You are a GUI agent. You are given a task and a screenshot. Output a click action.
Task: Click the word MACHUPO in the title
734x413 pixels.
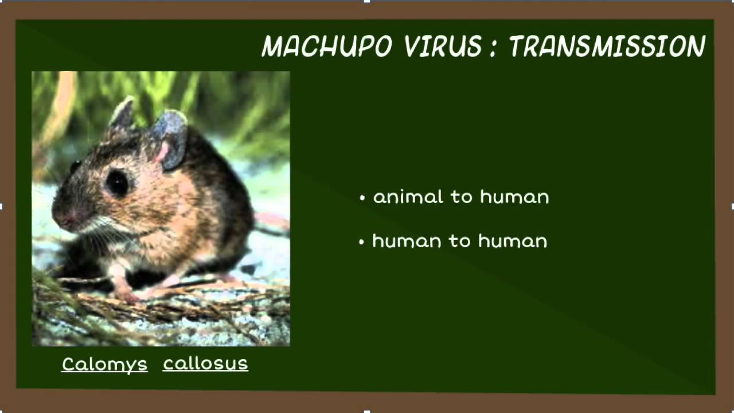[327, 46]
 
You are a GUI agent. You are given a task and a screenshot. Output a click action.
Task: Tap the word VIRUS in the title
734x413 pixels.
[443, 46]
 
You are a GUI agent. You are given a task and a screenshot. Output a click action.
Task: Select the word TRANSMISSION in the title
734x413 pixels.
[607, 46]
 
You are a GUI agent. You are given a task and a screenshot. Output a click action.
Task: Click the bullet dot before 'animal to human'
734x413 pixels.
[362, 198]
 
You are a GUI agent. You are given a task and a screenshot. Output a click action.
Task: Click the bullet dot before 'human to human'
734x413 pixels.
[361, 242]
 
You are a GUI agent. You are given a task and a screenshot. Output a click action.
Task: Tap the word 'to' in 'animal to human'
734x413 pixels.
[461, 197]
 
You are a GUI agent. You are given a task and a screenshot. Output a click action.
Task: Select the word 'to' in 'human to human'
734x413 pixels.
[460, 241]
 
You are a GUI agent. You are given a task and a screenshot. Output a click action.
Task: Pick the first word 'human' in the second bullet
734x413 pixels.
[407, 241]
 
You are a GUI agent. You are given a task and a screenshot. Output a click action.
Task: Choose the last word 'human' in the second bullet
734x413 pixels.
[513, 241]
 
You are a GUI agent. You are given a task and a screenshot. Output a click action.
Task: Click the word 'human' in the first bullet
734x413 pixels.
[514, 197]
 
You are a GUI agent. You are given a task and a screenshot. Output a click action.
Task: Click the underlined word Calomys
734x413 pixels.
[104, 365]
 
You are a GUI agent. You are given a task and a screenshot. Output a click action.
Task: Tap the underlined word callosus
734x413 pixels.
[205, 364]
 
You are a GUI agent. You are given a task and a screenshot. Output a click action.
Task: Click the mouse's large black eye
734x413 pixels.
[117, 182]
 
